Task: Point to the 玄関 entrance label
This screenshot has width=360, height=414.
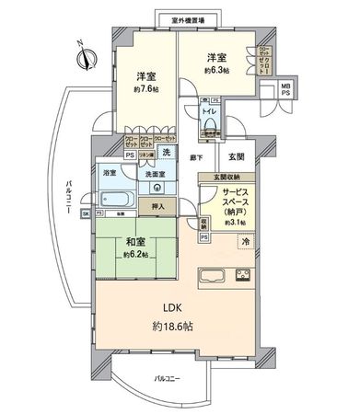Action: [236, 156]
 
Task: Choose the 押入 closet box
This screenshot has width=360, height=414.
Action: [157, 207]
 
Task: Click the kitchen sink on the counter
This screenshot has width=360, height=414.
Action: [212, 275]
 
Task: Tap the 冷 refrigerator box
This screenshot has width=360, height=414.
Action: [246, 241]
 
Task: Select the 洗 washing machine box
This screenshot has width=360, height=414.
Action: [167, 152]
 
